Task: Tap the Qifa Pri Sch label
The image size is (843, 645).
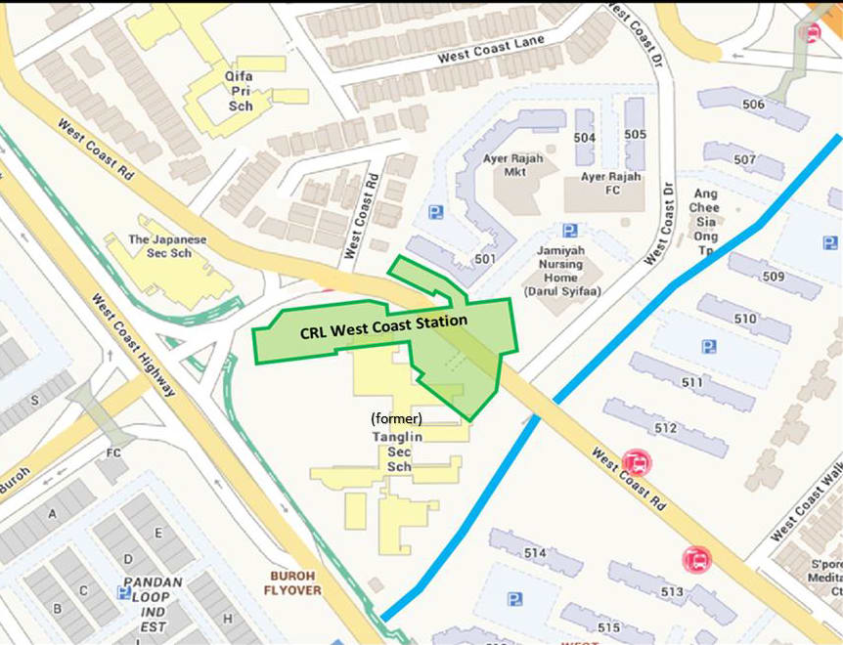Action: click(x=239, y=90)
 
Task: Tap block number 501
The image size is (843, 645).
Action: click(x=485, y=259)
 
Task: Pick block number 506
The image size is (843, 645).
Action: click(x=753, y=105)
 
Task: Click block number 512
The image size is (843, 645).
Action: click(x=666, y=428)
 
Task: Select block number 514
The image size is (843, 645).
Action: click(x=534, y=553)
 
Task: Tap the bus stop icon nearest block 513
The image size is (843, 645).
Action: click(x=697, y=560)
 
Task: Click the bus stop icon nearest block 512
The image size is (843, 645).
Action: click(x=637, y=461)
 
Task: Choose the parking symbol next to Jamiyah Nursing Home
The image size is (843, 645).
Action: click(x=569, y=231)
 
